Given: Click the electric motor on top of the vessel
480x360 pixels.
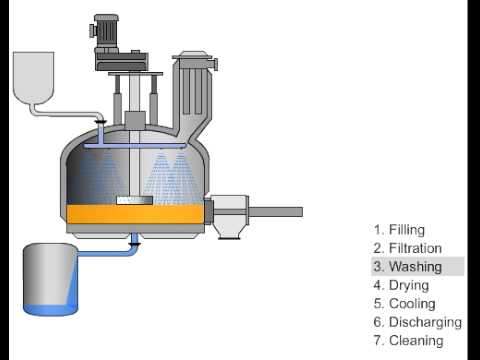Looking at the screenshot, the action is coord(105,32).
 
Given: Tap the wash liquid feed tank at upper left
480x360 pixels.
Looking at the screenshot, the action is coord(33,77).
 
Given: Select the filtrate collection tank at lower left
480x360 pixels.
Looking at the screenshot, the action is coord(50,279).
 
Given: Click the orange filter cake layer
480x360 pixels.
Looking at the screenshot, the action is coord(135,214).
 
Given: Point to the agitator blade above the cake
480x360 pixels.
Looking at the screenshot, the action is coord(134,200).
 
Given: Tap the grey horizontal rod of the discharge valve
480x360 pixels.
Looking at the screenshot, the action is coord(276,212).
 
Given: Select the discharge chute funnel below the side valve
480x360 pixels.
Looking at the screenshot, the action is coord(229,231).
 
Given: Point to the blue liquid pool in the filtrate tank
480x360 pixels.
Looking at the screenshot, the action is coord(50,309).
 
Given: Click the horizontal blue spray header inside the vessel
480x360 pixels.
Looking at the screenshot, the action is coord(134,146).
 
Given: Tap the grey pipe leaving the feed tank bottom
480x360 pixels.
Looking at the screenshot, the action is coord(67,114).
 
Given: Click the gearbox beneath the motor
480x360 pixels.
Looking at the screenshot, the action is coord(121,61).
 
